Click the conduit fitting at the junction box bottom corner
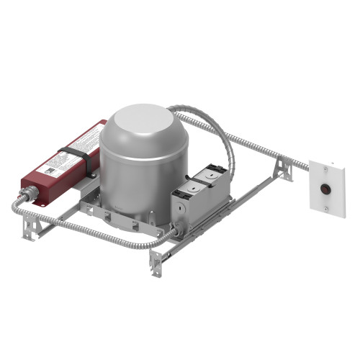[x=172, y=231]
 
